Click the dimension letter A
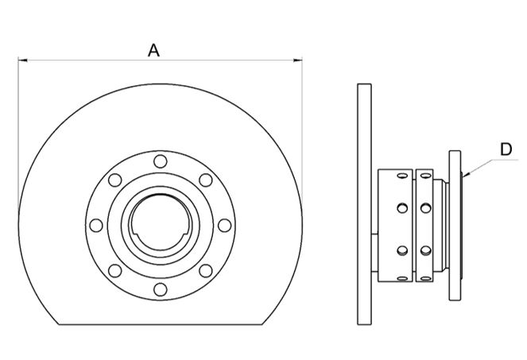(154, 49)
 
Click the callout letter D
(506, 148)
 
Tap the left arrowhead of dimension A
(21, 60)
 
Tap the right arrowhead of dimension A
(300, 60)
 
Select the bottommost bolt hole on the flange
(160, 288)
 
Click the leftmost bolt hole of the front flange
(96, 225)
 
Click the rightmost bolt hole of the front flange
(223, 225)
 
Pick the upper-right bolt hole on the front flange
(205, 180)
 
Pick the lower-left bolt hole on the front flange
(114, 270)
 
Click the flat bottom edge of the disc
(160, 323)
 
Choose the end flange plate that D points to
(455, 225)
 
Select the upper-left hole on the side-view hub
(401, 207)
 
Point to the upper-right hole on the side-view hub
(427, 207)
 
